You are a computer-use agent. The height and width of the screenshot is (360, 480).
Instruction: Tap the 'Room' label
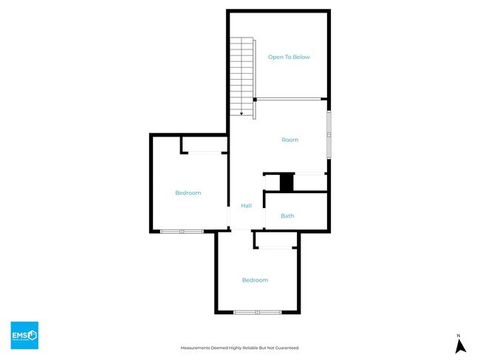coord(289,139)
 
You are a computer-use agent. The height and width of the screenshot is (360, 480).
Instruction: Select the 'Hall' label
coord(246,206)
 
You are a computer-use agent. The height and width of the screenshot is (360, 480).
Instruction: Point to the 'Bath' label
coord(287,216)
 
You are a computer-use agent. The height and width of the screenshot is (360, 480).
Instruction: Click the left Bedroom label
coord(188,193)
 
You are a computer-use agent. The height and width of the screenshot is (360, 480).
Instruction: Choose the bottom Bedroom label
coord(255,280)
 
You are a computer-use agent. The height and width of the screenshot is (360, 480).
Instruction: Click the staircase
coord(241,74)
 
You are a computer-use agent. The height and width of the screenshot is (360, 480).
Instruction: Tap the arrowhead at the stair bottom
coord(241,114)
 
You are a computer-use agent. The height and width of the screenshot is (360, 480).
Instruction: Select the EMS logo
coord(24,335)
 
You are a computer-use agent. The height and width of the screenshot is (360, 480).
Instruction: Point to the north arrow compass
coord(459,345)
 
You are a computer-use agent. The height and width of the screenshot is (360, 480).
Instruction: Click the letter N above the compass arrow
coord(459,335)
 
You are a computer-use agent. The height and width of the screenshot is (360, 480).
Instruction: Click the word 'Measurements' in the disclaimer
coord(199,347)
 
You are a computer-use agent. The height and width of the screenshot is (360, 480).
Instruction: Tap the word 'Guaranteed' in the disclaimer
coord(284,347)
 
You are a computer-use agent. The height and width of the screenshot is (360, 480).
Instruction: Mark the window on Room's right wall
coord(329,134)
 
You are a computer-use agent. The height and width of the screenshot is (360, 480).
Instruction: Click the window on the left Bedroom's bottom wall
coord(182,232)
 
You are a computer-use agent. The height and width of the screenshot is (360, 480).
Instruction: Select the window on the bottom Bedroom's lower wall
coord(258,313)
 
